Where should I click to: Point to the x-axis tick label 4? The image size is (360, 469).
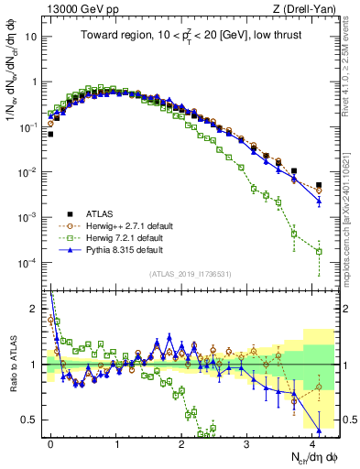tap(312, 442)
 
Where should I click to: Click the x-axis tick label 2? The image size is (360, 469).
tap(182, 442)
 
